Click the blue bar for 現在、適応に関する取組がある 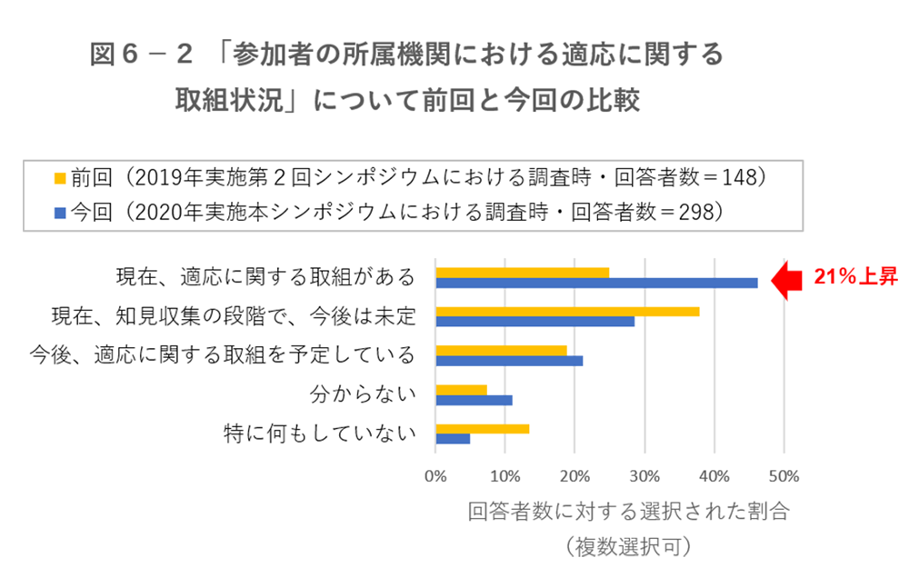(x=596, y=283)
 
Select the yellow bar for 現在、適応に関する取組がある (x=522, y=272)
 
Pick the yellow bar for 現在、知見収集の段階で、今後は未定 (x=567, y=311)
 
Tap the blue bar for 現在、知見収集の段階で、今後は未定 (x=534, y=322)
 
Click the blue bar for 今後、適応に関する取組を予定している (x=509, y=361)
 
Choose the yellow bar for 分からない (x=461, y=390)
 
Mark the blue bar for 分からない (x=474, y=400)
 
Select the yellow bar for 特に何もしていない (x=482, y=429)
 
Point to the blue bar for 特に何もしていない (x=453, y=439)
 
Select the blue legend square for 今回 (x=60, y=213)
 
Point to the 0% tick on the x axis (x=435, y=475)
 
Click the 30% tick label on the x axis (x=644, y=475)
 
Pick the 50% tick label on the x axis (x=784, y=475)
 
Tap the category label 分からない (x=363, y=394)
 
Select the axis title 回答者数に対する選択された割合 (x=627, y=511)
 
